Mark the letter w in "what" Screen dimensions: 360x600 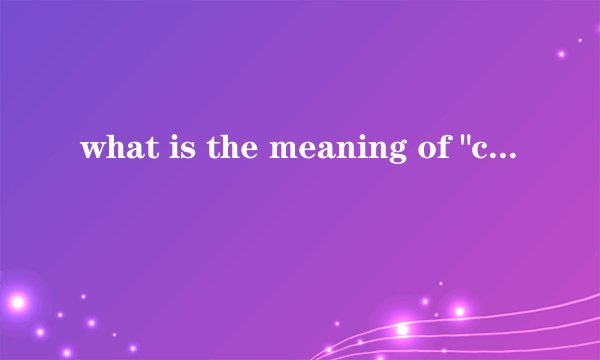point(92,153)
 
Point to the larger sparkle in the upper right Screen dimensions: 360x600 point(562,53)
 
